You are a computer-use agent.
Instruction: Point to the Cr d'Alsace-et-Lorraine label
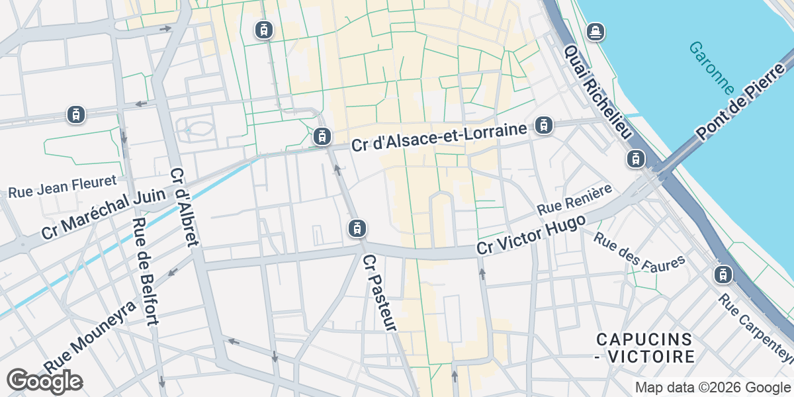439,136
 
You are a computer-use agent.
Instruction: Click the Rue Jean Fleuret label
62,187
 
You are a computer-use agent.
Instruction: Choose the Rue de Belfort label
146,271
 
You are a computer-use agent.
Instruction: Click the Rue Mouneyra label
89,336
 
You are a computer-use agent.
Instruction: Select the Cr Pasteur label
380,292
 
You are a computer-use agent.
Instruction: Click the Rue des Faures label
639,251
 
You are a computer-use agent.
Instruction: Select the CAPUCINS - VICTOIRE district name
644,348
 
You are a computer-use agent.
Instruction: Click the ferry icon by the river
595,31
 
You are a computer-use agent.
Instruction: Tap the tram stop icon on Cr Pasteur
357,229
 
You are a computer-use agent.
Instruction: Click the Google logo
44,381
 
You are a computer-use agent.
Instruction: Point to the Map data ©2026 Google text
713,388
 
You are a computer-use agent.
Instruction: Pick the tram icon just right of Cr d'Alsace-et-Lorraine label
543,124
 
